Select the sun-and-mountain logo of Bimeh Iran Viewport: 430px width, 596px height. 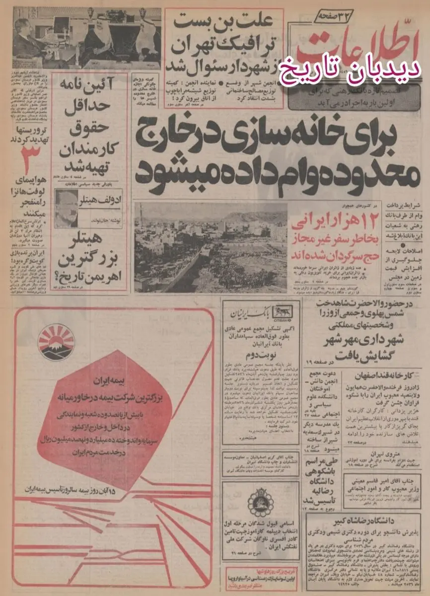(x=57, y=342)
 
